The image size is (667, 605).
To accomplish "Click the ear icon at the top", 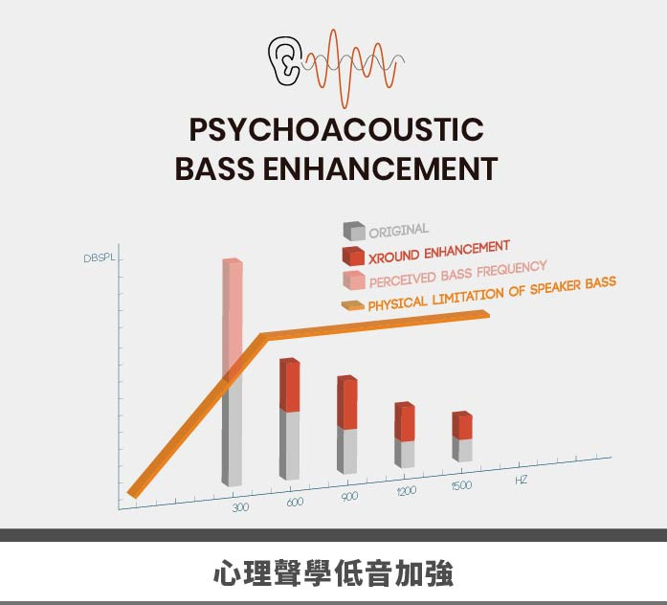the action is click(x=285, y=60).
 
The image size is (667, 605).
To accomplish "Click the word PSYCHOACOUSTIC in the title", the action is click(x=337, y=129).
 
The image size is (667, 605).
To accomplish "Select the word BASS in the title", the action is click(x=214, y=168).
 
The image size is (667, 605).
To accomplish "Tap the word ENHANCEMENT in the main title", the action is click(x=380, y=168).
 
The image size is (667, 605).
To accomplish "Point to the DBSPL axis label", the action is click(x=100, y=258).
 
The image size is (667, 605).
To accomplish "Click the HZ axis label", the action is click(x=522, y=480).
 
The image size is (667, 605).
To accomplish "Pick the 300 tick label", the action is click(x=241, y=507).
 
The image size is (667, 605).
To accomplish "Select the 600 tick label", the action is click(x=295, y=502).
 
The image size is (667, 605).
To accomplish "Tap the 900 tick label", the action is click(x=349, y=497).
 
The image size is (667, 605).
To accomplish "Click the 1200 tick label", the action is click(x=407, y=491).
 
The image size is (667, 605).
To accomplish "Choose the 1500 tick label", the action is click(x=461, y=485).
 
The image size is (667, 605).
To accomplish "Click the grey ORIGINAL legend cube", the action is click(x=354, y=231).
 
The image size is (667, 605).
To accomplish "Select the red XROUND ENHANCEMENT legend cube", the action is click(x=353, y=256).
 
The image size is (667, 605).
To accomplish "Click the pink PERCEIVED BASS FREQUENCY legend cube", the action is click(x=354, y=280).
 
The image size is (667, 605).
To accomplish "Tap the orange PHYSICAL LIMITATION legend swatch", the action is click(x=353, y=305).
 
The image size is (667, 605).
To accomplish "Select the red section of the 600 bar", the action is click(x=289, y=385).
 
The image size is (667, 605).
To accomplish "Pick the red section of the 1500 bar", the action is click(x=462, y=425).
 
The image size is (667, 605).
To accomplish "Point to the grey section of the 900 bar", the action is click(x=347, y=451).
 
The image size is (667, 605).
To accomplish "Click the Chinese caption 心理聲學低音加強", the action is click(x=333, y=573).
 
